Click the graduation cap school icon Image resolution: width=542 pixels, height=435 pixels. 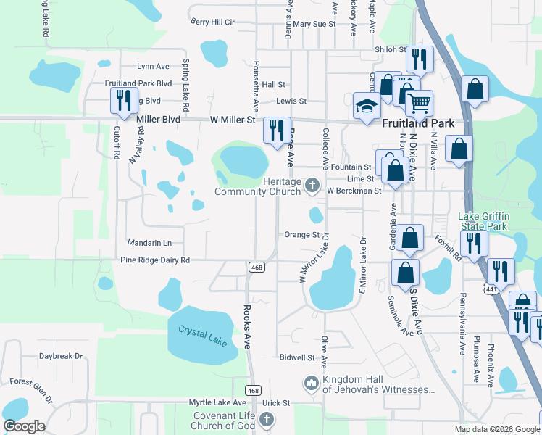pos(367,106)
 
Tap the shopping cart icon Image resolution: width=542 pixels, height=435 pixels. pos(419,103)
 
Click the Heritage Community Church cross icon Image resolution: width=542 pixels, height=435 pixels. pos(312,185)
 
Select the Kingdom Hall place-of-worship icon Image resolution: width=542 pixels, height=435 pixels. pos(312,382)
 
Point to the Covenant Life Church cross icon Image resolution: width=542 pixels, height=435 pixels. pos(267,419)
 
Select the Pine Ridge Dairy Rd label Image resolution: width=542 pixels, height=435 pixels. pos(154,260)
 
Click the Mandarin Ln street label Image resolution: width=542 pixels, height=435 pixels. pos(149,243)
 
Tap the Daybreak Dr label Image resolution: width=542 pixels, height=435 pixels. pos(61,356)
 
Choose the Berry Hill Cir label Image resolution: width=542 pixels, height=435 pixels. pos(213,22)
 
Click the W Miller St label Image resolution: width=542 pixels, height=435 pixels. pos(233,120)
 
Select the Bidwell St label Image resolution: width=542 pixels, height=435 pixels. pos(297,357)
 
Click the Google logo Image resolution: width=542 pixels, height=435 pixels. pos(24,426)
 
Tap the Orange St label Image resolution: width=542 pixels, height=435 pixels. pos(301,235)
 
